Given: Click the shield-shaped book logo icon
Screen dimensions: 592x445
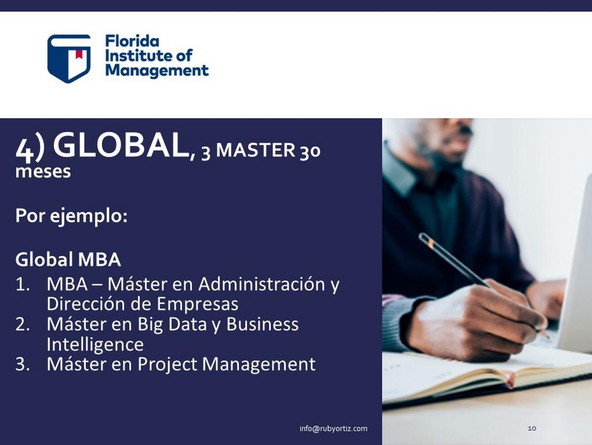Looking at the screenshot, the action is (x=69, y=59).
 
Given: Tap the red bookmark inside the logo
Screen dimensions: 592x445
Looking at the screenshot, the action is (x=79, y=54).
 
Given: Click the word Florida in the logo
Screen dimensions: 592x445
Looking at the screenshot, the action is (x=132, y=41).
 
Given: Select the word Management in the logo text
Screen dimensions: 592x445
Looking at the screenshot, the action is (x=157, y=70).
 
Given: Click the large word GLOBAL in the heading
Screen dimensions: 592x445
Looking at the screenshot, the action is (x=121, y=146).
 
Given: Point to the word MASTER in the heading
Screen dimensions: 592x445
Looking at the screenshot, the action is (x=256, y=150).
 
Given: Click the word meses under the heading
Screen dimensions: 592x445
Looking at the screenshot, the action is (x=43, y=172).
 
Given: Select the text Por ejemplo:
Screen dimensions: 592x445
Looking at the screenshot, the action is (x=72, y=216).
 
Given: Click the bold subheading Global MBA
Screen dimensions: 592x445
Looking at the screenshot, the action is (x=68, y=260).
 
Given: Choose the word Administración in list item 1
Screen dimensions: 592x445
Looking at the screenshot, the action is (x=262, y=284).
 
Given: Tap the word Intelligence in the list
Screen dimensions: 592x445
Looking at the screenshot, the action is (x=95, y=345).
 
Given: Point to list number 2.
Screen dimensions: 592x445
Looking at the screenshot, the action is (x=22, y=325).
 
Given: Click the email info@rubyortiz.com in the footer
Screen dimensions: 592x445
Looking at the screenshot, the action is (x=333, y=428).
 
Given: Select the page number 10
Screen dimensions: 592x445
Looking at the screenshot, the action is (x=532, y=428).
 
